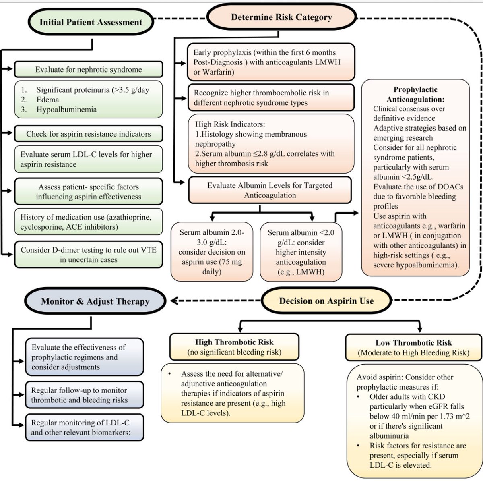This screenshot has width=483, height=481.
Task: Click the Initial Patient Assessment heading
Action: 91,22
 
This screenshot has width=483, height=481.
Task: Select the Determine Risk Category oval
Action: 281,17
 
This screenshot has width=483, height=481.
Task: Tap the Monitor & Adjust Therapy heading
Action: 95,301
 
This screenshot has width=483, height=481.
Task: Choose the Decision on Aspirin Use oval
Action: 326,301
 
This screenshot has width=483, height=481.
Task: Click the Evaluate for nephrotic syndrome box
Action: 88,69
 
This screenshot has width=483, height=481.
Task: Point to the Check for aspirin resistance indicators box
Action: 88,134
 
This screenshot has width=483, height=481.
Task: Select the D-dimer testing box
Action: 88,255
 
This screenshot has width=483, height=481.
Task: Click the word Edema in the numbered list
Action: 47,100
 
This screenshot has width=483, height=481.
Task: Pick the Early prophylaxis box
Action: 270,62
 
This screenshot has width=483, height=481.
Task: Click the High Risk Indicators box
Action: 270,144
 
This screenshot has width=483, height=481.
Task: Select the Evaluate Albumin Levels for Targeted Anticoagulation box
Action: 270,190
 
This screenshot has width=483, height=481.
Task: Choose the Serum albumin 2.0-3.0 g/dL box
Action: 212,252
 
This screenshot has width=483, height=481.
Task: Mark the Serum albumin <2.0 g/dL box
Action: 301,252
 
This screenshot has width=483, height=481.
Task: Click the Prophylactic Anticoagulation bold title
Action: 415,94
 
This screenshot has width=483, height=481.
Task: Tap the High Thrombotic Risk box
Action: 234,347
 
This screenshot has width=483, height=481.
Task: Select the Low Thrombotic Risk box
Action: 413,348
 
